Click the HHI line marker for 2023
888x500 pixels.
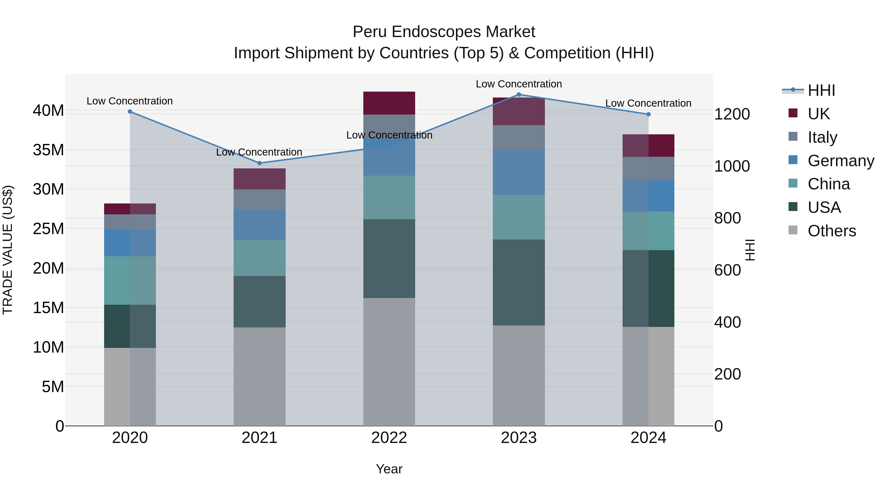518,95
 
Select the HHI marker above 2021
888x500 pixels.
259,163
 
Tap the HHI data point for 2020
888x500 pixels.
130,111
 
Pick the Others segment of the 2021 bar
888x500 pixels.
259,376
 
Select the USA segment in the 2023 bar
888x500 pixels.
518,282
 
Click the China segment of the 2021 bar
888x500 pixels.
259,258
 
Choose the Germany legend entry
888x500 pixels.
840,161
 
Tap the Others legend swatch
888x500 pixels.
793,230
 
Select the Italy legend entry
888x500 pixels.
822,137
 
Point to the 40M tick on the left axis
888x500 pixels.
48,111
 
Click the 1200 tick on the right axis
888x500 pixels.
732,114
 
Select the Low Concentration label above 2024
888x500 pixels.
648,103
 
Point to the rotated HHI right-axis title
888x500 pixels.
750,250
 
